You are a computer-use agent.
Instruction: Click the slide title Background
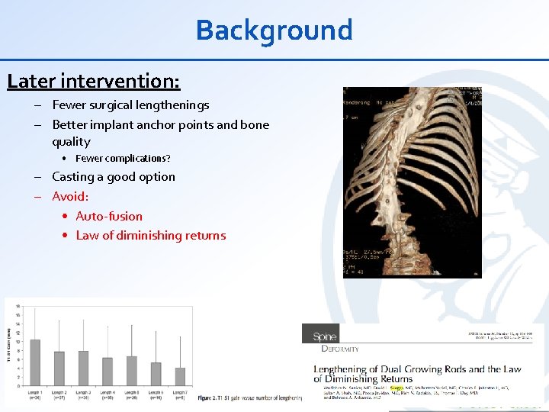pos(274,31)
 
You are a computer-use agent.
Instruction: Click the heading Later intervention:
pos(94,80)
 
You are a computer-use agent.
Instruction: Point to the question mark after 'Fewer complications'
pos(168,159)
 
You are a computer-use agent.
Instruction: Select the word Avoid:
pos(70,197)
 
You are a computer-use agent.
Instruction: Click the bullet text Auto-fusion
pos(109,217)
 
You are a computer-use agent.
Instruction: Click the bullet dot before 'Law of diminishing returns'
pos(66,236)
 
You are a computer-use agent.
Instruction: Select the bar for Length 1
pos(34,362)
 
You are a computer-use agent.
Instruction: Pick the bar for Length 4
pos(108,371)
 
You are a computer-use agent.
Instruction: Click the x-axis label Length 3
pos(83,391)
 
